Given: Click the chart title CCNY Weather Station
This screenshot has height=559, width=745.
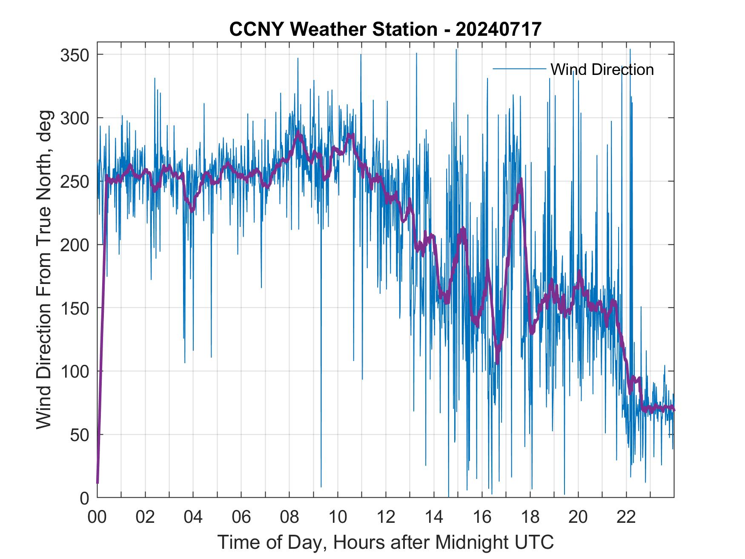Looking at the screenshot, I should pyautogui.click(x=333, y=29).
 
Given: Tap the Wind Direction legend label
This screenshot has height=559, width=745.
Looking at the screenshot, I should pyautogui.click(x=602, y=69).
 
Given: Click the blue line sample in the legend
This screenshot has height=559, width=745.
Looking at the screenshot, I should pyautogui.click(x=519, y=69).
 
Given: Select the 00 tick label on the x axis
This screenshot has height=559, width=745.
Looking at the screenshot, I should pyautogui.click(x=97, y=517).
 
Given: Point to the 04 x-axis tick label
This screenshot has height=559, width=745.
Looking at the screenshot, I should pyautogui.click(x=193, y=517).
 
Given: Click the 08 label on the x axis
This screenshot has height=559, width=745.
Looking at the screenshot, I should pyautogui.click(x=289, y=517).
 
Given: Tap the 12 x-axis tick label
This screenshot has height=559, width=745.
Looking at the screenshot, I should pyautogui.click(x=386, y=517).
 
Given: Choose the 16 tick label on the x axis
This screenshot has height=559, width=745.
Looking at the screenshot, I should pyautogui.click(x=482, y=517).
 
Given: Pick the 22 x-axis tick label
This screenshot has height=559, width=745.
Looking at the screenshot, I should pyautogui.click(x=626, y=517).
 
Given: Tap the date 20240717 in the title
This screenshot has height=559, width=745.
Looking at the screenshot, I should pyautogui.click(x=498, y=29).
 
